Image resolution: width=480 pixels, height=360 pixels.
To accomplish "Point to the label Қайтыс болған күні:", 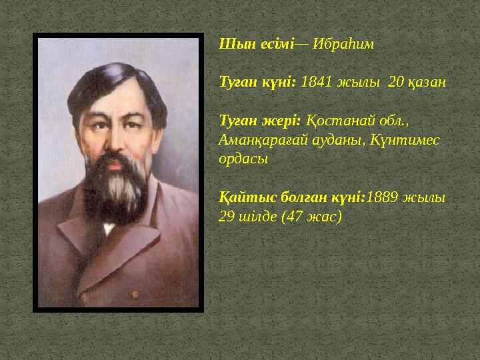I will pyautogui.click(x=292, y=198).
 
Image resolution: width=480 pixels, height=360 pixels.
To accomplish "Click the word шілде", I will pyautogui.click(x=256, y=217).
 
